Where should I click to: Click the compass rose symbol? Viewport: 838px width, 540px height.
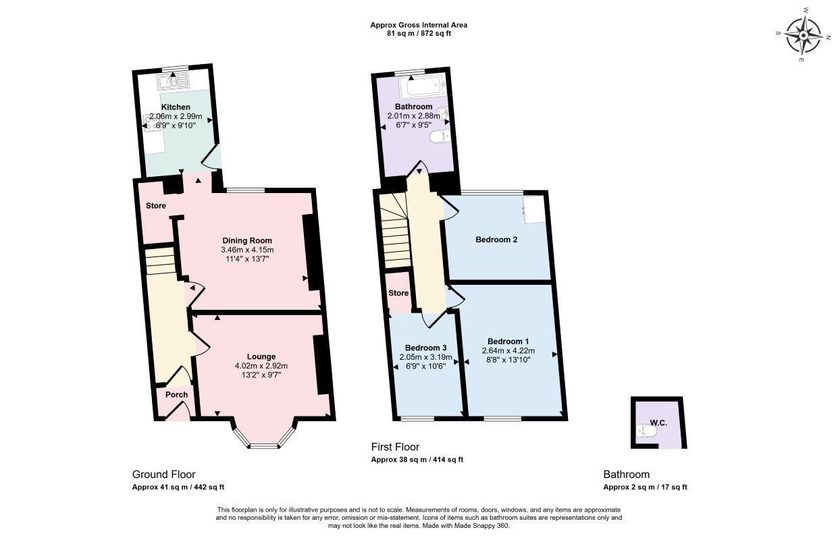pos(803,36)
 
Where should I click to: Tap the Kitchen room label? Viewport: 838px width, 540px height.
pos(176,107)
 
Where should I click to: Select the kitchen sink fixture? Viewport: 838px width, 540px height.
pos(173,81)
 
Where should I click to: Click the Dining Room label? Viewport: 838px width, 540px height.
pos(247,240)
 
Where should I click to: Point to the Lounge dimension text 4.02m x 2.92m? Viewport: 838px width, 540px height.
pos(261,366)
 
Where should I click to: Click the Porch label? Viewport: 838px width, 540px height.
pos(176,394)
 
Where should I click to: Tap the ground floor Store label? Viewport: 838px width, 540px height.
pos(155,206)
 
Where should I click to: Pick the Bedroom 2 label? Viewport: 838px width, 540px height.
pos(496,240)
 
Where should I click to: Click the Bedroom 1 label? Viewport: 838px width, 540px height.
pos(508,342)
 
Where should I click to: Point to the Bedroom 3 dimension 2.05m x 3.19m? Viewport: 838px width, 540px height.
pos(425,357)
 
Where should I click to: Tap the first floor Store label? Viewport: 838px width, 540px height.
pos(398,293)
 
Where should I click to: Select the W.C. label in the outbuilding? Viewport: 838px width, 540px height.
pos(658,423)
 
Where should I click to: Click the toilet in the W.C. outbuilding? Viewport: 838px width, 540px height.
pos(646,431)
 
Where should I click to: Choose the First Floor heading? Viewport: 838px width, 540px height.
pos(395,447)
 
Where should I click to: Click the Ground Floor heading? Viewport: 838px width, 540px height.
pos(164,475)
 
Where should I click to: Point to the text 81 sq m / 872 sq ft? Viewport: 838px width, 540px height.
pos(419,33)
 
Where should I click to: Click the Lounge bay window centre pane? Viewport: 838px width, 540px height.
pos(264,446)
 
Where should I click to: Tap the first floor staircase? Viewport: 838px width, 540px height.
pos(395,232)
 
